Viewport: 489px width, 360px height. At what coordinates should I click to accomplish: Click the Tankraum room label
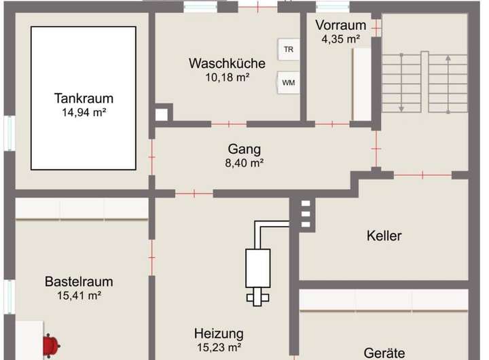point(84,98)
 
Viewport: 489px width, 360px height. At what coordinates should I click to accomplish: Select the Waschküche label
point(227,63)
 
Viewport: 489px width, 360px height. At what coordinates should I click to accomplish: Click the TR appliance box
point(289,50)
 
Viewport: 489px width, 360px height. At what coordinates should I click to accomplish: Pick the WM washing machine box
point(289,83)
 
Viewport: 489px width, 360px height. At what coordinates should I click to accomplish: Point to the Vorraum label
point(340,26)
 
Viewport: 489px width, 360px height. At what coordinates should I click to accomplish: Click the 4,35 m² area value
point(340,39)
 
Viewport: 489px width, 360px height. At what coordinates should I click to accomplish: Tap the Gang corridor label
point(244,149)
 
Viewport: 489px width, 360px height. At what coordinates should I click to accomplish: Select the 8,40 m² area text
point(244,163)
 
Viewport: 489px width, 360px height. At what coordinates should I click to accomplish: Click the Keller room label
point(384,236)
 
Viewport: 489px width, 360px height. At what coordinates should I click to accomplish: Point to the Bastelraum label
point(79,281)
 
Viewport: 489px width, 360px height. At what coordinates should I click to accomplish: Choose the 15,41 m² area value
point(79,295)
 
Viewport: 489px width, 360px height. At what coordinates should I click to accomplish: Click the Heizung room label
point(219,334)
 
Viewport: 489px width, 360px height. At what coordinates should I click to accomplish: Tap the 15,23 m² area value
point(219,347)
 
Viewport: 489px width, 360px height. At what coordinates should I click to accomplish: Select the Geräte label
point(384,353)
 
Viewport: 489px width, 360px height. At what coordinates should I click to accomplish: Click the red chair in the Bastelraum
point(50,345)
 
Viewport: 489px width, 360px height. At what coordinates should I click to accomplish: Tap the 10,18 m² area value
point(227,77)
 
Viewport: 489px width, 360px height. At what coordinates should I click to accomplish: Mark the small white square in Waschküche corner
point(161,115)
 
